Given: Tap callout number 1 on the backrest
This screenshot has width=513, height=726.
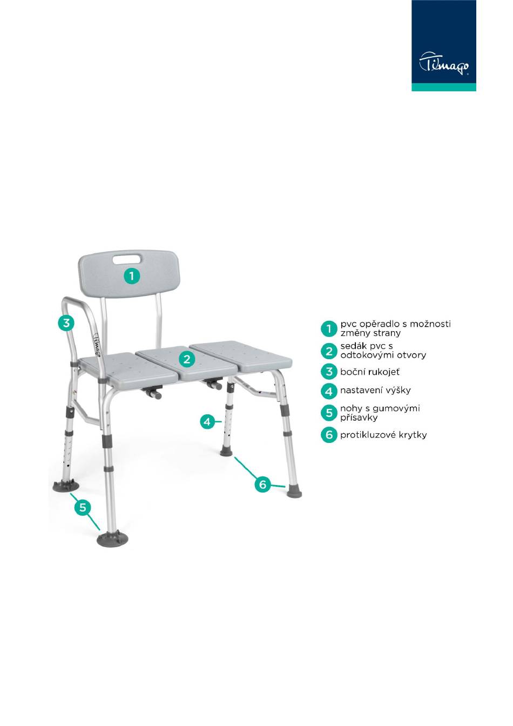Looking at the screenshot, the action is (132, 276).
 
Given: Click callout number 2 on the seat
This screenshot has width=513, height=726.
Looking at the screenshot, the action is (187, 359).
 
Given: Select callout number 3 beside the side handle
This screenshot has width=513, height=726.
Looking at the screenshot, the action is (66, 323).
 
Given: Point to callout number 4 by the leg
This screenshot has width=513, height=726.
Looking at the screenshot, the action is (207, 422).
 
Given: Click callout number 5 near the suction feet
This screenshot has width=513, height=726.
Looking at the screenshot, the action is (83, 507).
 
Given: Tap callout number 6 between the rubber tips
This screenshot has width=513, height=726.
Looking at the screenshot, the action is (262, 484).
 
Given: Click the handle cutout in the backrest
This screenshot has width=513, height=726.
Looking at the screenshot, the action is (127, 259).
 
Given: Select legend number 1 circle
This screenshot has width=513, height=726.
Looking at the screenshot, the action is (329, 329).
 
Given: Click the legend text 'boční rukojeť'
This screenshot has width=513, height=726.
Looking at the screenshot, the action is (370, 372).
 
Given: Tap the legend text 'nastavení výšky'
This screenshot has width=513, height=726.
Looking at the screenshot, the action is (375, 390).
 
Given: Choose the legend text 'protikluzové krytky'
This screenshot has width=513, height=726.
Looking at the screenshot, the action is (383, 435).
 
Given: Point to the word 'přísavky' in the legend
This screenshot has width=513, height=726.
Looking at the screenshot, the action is (359, 418).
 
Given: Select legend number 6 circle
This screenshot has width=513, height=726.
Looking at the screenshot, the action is (329, 435).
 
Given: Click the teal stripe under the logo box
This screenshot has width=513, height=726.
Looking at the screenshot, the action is (444, 87).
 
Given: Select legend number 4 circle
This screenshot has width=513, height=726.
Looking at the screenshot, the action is (329, 391).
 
